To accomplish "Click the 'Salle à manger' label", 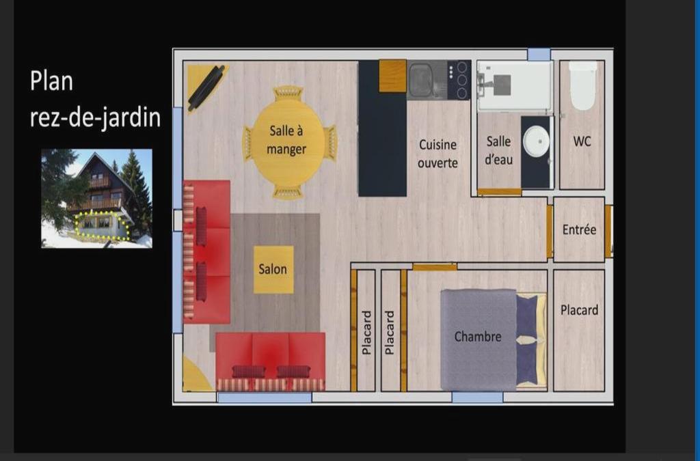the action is click(x=286, y=139).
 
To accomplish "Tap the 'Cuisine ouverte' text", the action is click(x=437, y=154).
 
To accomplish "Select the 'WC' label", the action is click(x=582, y=141).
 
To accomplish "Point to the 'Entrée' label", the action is click(x=579, y=229).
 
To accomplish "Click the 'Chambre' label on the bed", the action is click(x=478, y=336).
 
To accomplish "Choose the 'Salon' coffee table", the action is click(x=273, y=269).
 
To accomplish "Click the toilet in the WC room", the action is click(x=582, y=85).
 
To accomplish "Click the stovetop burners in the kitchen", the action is click(x=459, y=81).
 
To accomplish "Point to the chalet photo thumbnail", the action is click(x=96, y=198).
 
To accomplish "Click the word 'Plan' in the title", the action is click(x=51, y=81).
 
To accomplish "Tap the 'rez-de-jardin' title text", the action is click(x=95, y=117).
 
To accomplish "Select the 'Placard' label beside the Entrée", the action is click(x=579, y=310).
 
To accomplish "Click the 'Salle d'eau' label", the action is click(x=498, y=150).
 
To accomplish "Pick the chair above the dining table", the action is click(x=288, y=94).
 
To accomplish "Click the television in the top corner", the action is click(x=206, y=88).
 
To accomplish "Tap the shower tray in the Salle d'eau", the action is click(x=515, y=85).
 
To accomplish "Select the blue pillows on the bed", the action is click(x=527, y=339).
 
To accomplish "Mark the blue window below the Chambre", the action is click(x=477, y=397).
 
